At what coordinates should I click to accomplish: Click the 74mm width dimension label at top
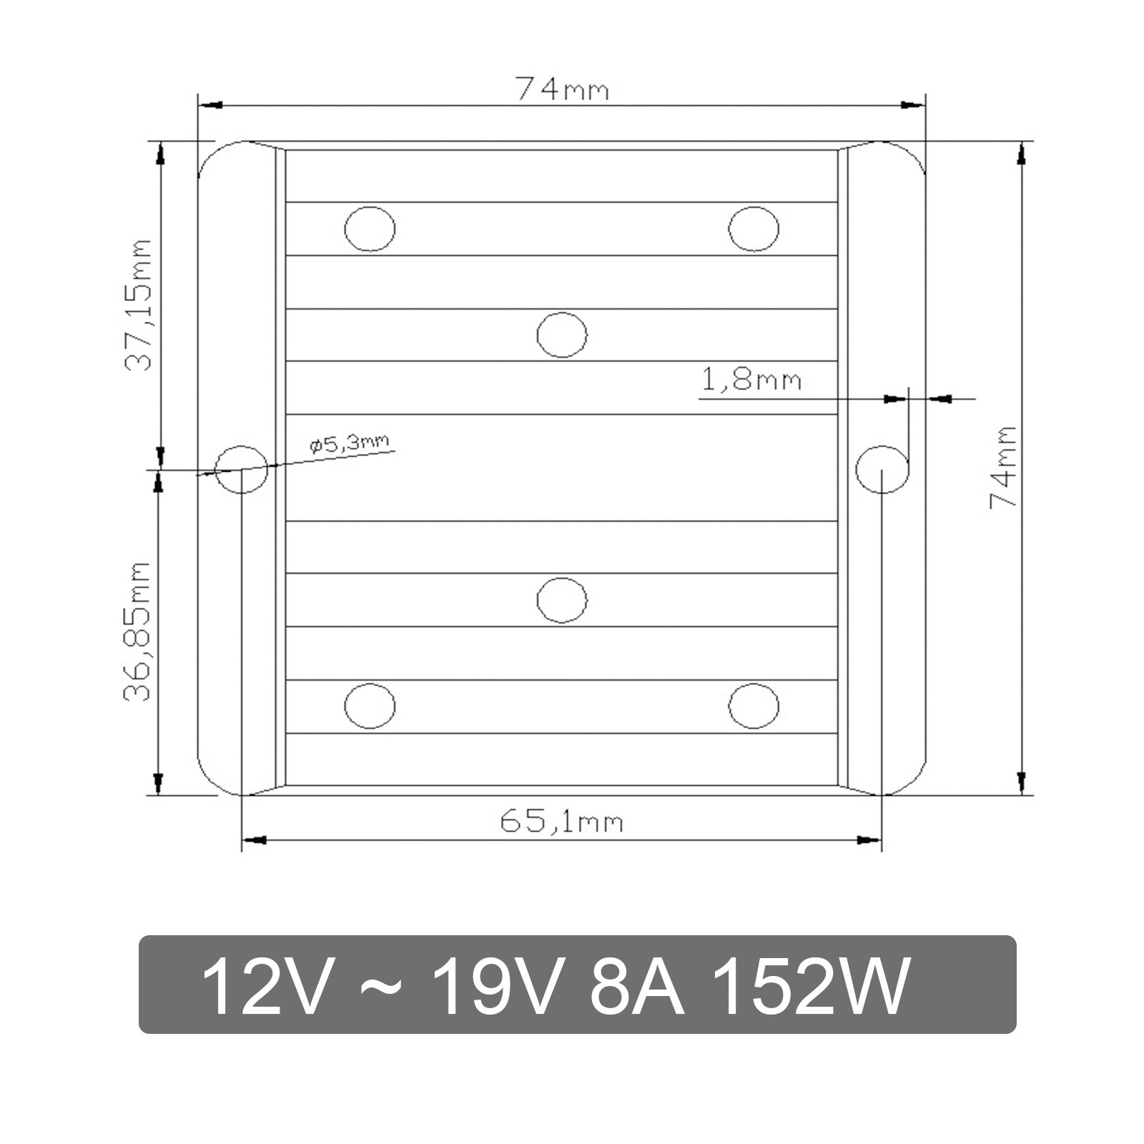(562, 91)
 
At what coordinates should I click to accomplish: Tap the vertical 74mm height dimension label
(1002, 467)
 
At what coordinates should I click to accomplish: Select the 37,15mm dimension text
(139, 304)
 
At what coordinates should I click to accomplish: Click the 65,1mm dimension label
(561, 822)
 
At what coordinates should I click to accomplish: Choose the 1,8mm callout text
(751, 380)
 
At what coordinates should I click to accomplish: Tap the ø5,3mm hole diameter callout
(350, 445)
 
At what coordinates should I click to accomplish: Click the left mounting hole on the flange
(242, 468)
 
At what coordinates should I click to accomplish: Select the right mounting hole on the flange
(882, 468)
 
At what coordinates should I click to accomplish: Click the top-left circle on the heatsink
(370, 229)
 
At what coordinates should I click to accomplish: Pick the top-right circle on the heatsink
(754, 229)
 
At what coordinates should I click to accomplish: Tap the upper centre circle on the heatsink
(561, 335)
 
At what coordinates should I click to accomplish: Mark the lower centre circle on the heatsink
(561, 600)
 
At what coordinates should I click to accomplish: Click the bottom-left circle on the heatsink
(370, 706)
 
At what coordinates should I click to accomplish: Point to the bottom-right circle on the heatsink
(754, 706)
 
